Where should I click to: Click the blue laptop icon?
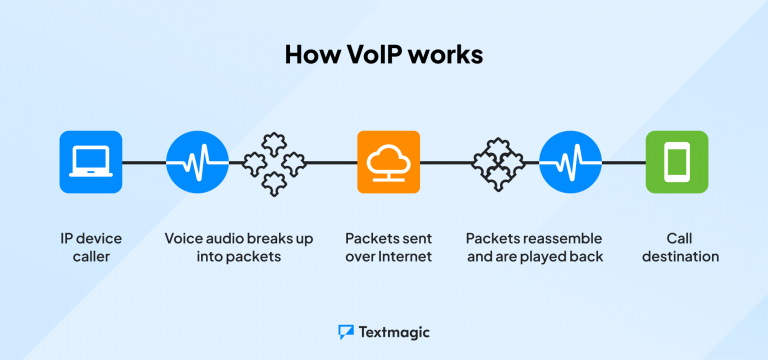pos(91,162)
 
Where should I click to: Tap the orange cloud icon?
pos(388,162)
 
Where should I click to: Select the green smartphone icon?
pos(676,162)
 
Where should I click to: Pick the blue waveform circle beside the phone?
pos(570,162)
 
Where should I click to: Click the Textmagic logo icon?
pos(346,331)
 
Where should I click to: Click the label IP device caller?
pos(91,247)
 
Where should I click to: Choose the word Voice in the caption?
pos(187,238)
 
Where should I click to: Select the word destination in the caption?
pos(680,256)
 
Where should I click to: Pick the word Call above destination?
pos(680,238)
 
